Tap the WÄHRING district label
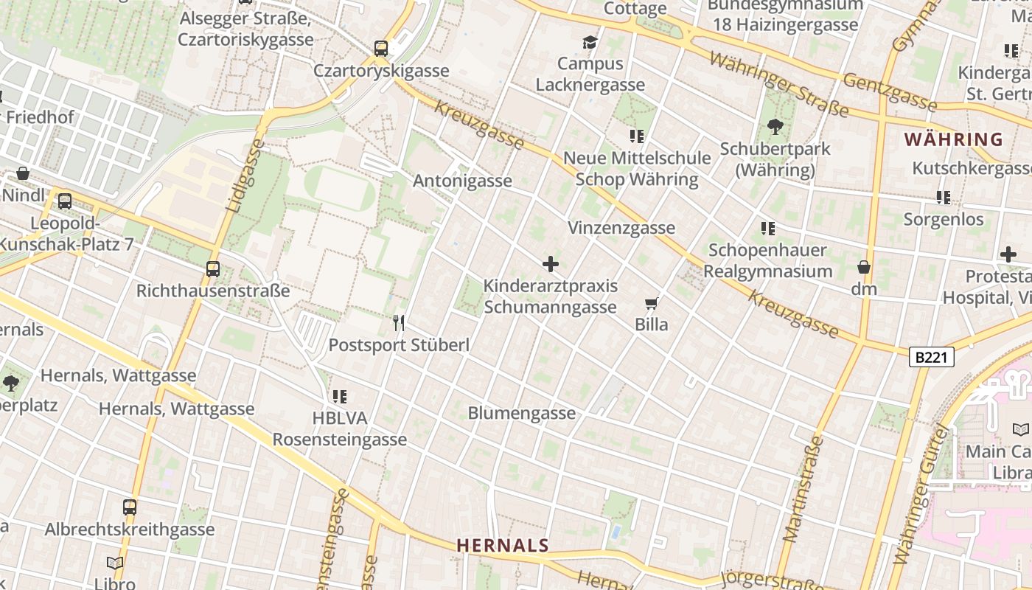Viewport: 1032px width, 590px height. (953, 139)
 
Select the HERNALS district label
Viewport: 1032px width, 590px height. (503, 546)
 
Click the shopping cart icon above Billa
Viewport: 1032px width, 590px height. (652, 303)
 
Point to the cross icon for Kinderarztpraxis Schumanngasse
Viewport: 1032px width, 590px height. (550, 264)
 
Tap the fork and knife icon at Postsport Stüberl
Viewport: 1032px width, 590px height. (399, 322)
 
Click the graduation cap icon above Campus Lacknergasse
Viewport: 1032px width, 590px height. (590, 42)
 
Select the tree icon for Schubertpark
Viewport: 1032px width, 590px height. (775, 127)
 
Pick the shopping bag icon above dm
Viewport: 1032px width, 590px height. (864, 267)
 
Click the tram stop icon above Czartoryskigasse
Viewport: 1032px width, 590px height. (381, 49)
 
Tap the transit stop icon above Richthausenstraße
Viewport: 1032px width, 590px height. (213, 269)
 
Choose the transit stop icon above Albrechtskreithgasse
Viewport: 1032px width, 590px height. (130, 507)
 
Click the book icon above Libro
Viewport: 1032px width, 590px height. (115, 563)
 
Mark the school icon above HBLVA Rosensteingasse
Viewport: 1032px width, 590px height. (339, 397)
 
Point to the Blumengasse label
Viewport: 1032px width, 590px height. (521, 413)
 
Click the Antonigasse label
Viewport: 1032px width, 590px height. (462, 181)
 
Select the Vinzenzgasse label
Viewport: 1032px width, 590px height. (621, 228)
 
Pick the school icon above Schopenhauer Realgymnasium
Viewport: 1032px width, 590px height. (768, 229)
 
